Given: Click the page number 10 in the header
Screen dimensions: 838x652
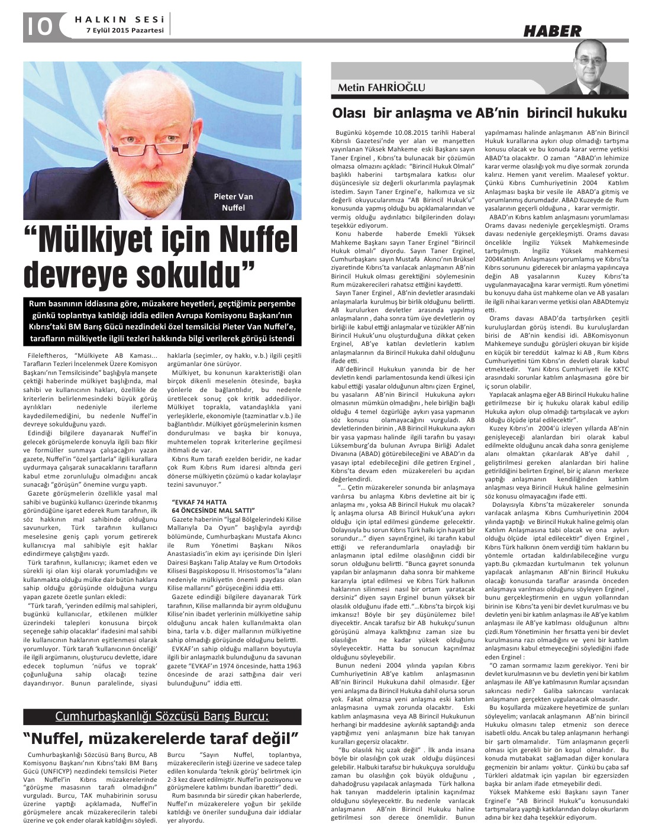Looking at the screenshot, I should [x=39, y=27].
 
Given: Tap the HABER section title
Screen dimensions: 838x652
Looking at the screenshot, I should [x=551, y=31].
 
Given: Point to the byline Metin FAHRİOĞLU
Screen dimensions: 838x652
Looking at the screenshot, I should [x=381, y=88].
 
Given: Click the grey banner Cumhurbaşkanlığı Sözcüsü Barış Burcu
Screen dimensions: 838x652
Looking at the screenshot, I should [x=162, y=717].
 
